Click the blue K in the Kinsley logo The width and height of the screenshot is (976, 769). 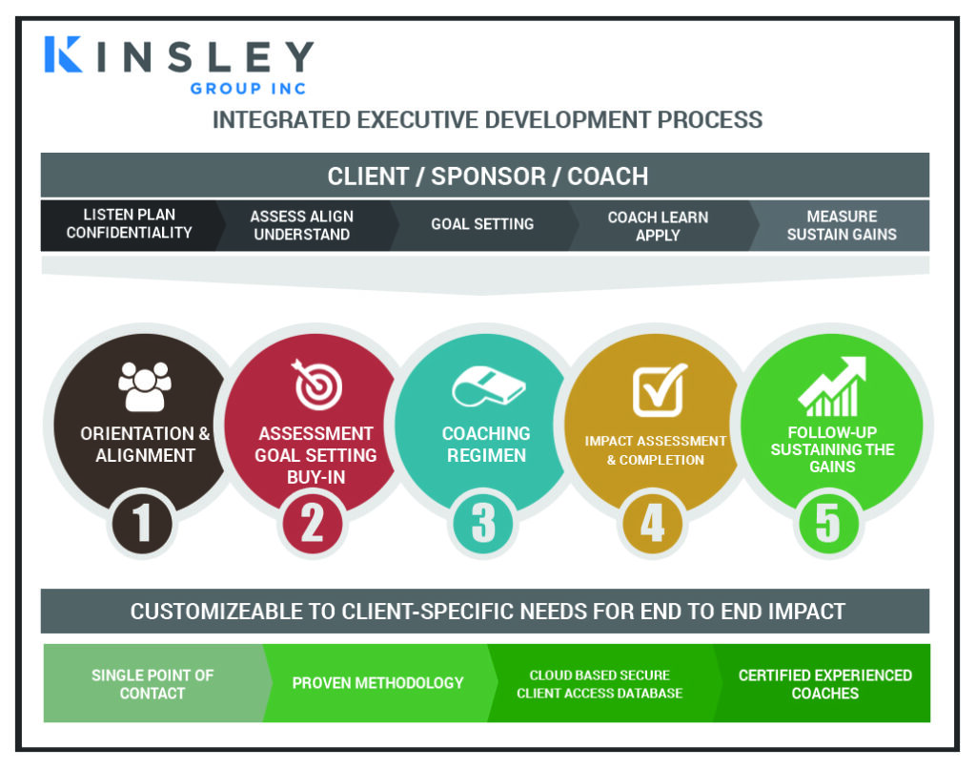tap(62, 54)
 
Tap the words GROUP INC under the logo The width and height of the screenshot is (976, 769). tap(249, 89)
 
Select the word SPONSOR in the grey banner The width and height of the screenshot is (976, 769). tap(488, 177)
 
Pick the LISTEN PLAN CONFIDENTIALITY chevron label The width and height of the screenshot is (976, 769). tap(130, 223)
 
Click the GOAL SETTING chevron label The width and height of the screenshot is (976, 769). tap(482, 223)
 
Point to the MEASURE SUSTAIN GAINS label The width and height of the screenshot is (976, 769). tap(842, 225)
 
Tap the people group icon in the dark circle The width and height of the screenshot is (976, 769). tap(145, 386)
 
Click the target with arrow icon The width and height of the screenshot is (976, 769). tap(316, 384)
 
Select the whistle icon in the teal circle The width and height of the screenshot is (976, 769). tap(488, 387)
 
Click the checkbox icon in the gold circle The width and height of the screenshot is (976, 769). tap(660, 389)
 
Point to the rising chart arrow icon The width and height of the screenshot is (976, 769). tap(832, 386)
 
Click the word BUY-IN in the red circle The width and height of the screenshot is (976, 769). tap(315, 477)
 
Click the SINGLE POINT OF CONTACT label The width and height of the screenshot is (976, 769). tap(152, 684)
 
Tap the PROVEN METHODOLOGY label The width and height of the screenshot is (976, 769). tap(377, 683)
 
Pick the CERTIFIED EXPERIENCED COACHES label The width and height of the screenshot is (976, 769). tap(824, 684)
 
